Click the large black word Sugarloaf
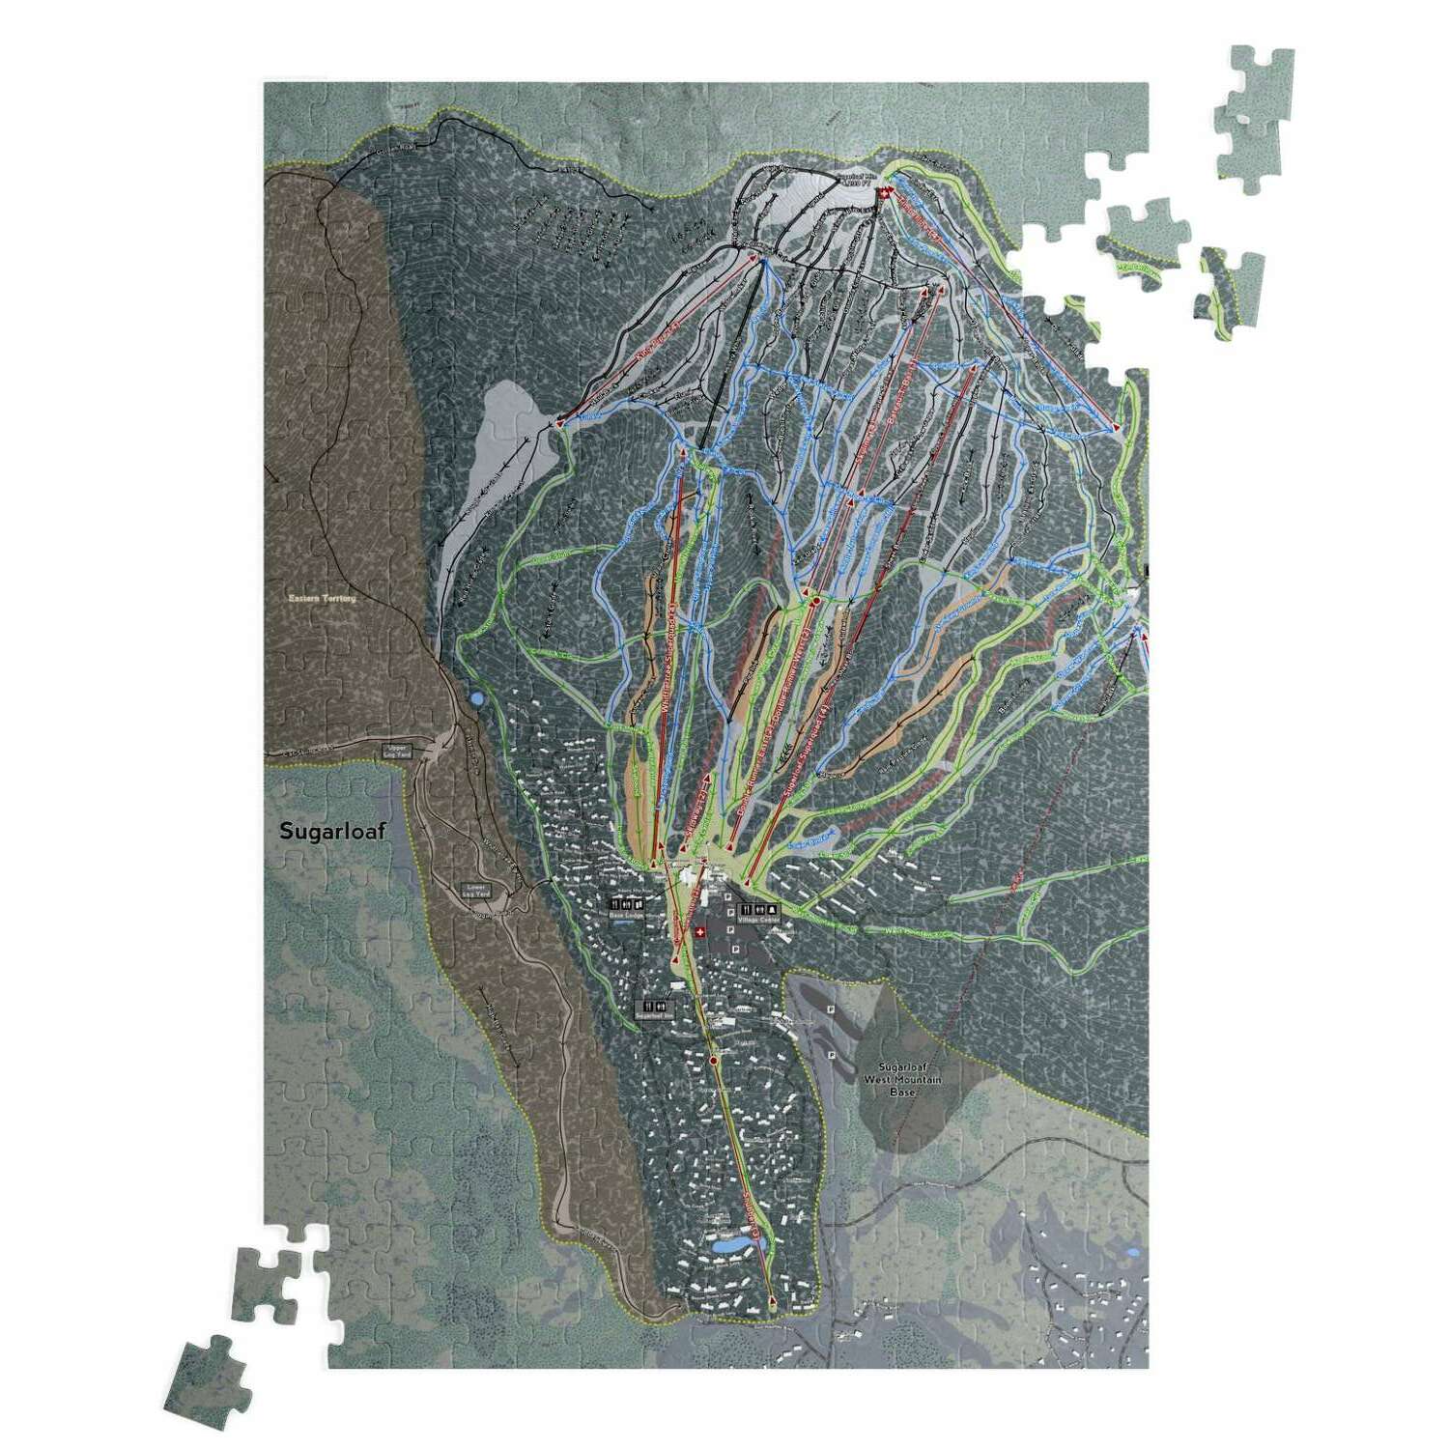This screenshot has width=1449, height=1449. point(332,831)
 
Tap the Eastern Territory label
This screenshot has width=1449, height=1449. point(322,598)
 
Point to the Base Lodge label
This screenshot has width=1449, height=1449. point(626,915)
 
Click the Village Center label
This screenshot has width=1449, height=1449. point(757,920)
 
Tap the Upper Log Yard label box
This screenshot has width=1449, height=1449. point(397,751)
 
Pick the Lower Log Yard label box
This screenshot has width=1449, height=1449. point(474,890)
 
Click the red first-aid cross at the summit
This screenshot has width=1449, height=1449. point(882,196)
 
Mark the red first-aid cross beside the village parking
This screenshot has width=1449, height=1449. point(700,932)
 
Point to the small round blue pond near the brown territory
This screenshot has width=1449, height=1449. point(475,696)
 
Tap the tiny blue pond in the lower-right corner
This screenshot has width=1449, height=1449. point(1131,1253)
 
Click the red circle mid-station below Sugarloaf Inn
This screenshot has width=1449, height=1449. point(714,1060)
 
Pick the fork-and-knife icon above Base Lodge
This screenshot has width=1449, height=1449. point(614,903)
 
